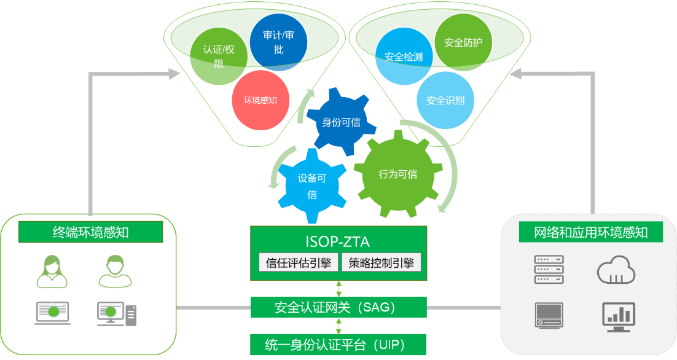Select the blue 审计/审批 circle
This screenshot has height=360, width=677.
coord(278,42)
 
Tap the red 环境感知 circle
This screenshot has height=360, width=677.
coord(260,100)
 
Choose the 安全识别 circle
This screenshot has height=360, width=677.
coord(445,100)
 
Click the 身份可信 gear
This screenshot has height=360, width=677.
coord(341,122)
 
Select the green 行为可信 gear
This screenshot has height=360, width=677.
coord(398,174)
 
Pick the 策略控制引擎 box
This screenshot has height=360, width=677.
coord(382,263)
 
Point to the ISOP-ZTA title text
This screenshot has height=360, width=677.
coord(338,241)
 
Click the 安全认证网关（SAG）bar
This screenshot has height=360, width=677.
coord(338,307)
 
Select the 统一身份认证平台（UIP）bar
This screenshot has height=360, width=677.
coord(338,343)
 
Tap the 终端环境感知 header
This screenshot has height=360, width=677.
coord(91,232)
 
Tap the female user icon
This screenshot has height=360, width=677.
coord(52,272)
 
